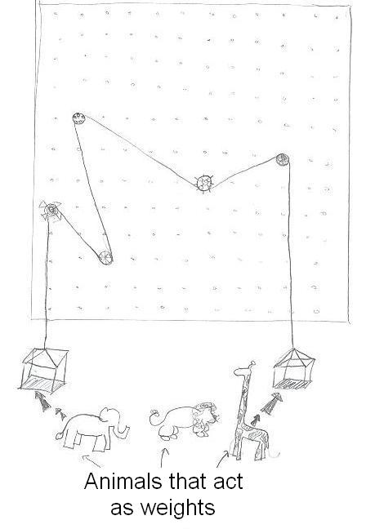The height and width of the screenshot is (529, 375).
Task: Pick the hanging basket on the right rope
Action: pyautogui.click(x=292, y=367)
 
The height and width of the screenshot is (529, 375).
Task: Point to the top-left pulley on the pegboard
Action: pyautogui.click(x=78, y=118)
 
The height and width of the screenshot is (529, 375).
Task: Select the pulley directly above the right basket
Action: pyautogui.click(x=283, y=160)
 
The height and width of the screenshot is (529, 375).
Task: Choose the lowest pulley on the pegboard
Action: pyautogui.click(x=105, y=258)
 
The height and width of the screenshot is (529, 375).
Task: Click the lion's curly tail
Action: pyautogui.click(x=155, y=419)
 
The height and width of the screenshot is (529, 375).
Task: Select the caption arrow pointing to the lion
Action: pyautogui.click(x=164, y=454)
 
